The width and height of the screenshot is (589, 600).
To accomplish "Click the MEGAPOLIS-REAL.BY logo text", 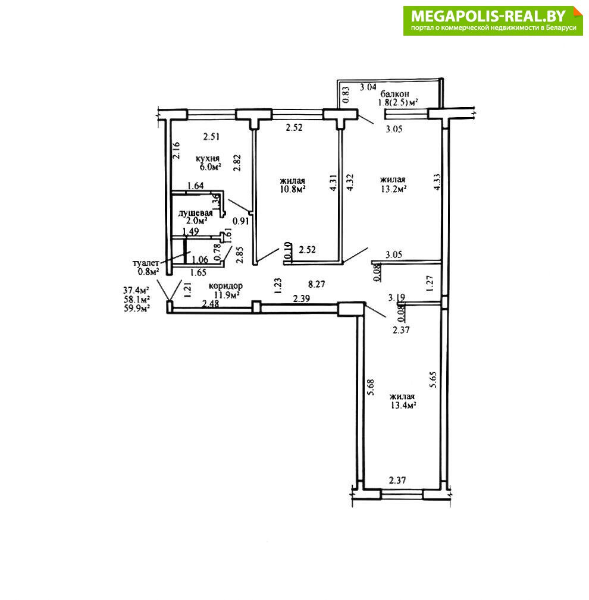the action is tap(488, 16).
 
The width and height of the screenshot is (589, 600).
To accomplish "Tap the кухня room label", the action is tap(208, 158).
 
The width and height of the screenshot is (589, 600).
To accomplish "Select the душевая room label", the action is tap(195, 213).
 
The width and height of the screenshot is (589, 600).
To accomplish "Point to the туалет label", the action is tap(146, 263).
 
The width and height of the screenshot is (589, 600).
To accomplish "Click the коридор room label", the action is tap(225, 286).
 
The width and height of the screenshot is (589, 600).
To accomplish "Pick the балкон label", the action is tap(394, 94).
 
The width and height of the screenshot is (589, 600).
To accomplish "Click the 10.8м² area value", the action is tap(292, 189).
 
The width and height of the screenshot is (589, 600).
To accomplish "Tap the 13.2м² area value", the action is tap(393, 189).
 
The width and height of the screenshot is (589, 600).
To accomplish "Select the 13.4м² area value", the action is tap(403, 405).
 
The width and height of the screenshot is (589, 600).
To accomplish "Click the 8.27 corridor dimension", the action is tap(317, 284).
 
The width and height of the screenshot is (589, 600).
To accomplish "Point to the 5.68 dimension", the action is tap(370, 388).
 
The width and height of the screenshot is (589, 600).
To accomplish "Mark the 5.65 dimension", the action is tap(433, 380).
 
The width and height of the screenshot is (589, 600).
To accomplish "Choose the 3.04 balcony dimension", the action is tap(368, 87).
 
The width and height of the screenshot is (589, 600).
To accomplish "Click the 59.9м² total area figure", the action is tap(137, 308).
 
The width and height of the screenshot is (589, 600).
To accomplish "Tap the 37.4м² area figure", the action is tap(136, 290).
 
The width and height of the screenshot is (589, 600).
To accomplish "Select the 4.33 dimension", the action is tap(437, 183).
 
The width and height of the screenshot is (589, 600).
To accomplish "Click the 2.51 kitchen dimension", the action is tap(211, 137).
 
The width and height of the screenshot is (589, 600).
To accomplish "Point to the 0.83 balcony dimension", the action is tap(346, 95).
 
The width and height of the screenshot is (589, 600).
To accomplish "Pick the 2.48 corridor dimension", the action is tap(211, 304).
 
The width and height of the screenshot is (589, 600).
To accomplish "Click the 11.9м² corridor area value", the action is tap(227, 294).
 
